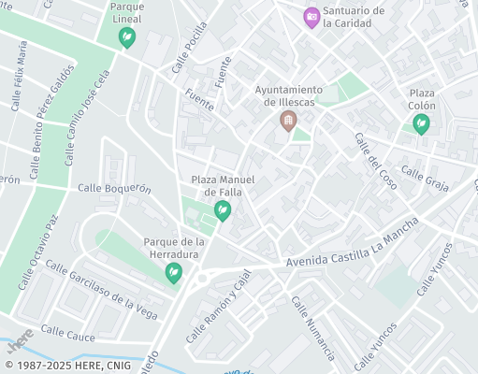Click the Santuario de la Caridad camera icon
point(311,17)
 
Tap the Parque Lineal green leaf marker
point(126,37)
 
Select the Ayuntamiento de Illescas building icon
point(288,121)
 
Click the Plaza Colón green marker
point(422,123)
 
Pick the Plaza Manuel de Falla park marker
point(223,211)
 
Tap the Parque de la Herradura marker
point(173,273)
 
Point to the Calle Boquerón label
point(114,188)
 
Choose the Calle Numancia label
point(312,328)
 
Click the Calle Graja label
point(425,178)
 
